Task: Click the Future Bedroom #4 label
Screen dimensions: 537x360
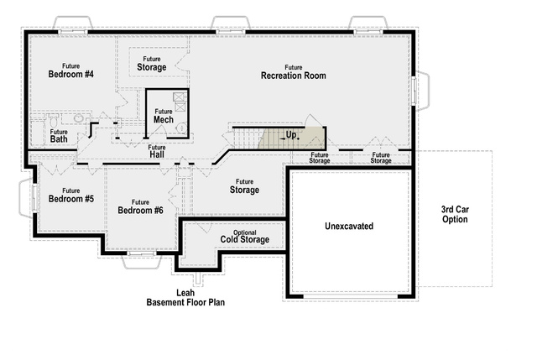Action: [x=70, y=70]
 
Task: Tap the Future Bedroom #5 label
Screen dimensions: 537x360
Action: [x=70, y=196]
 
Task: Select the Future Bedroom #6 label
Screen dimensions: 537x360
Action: [x=140, y=206]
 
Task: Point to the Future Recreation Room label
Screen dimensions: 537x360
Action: [x=294, y=72]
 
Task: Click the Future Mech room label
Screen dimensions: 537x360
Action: [x=164, y=116]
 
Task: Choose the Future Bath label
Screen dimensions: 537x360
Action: [x=59, y=136]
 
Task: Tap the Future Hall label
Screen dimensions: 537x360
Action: [x=157, y=151]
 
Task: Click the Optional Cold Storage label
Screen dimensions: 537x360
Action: [x=244, y=237]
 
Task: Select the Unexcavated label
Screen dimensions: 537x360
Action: [x=349, y=226]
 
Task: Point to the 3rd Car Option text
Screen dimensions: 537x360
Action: [x=455, y=214]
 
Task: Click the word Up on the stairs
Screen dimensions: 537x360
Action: [x=291, y=135]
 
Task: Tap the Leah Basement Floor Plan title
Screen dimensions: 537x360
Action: [x=185, y=297]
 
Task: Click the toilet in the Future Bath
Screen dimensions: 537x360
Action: [x=54, y=120]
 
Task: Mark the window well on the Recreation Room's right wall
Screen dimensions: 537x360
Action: [x=421, y=91]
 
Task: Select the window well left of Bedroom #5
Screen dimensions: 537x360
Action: [x=27, y=198]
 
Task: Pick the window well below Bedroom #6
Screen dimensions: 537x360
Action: [x=142, y=261]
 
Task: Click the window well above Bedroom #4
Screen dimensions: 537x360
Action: [x=73, y=23]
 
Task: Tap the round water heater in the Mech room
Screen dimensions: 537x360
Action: [x=181, y=128]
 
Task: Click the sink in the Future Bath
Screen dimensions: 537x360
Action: [x=78, y=118]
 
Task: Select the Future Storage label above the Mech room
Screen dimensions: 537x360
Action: [x=152, y=64]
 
